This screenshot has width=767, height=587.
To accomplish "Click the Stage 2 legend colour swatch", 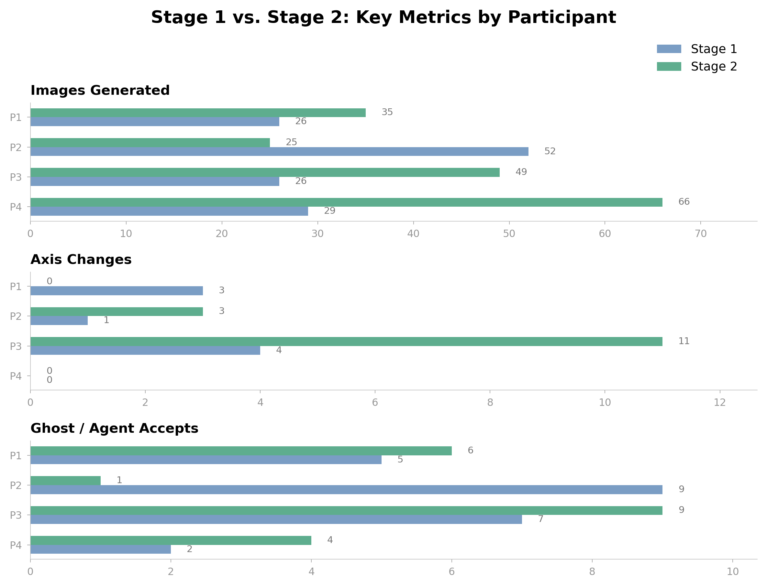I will point(669,66).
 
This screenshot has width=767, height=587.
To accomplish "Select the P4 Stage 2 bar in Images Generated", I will point(346,202).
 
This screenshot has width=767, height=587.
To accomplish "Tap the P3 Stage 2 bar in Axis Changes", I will point(346,342).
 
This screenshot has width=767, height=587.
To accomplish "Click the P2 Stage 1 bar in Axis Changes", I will point(59,321).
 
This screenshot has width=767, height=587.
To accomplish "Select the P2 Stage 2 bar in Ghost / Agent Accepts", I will point(65,480).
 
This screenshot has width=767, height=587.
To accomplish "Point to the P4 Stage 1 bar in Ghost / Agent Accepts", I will point(100,549).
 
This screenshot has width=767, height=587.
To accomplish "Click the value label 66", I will point(684,202).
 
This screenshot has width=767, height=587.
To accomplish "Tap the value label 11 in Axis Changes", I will point(684,341).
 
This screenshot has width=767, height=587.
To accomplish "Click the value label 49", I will point(521,172).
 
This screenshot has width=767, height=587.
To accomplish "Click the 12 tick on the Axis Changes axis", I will point(719,403).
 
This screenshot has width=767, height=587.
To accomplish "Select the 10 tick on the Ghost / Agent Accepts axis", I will point(732,571).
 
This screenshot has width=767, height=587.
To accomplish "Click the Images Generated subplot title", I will point(100,91).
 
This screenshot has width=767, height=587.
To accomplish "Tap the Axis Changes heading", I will point(81,260).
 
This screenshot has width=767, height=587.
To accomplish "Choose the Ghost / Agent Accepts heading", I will point(114,429).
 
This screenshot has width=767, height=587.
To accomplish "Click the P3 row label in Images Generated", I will point(16,178).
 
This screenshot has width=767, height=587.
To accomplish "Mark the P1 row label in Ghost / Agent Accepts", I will point(16,456).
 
